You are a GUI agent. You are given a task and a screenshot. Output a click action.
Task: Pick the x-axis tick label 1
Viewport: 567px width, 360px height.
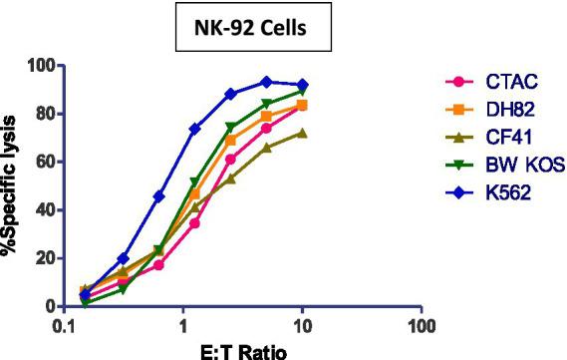coord(183,325)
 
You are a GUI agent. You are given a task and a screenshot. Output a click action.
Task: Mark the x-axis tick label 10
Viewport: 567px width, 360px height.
coord(302,325)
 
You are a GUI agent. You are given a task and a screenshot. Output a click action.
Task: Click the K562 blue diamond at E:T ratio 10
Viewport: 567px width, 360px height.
coord(302,85)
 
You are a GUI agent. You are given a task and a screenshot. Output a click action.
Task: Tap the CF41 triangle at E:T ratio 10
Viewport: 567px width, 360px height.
coord(302,133)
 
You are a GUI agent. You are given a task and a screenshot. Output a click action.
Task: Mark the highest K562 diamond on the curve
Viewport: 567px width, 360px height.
coord(266,82)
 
